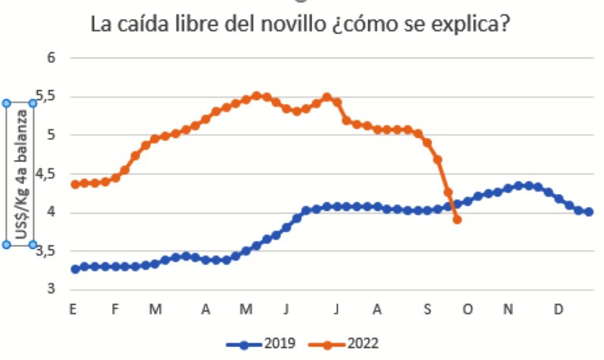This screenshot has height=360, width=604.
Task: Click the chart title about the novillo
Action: click(299, 24)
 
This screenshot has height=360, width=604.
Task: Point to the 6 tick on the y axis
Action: click(51, 58)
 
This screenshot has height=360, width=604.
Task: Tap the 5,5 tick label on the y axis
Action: click(46, 96)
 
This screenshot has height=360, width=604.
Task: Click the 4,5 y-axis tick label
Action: click(46, 174)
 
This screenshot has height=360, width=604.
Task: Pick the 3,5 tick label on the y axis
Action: click(46, 251)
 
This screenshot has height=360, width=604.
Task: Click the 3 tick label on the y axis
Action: click(51, 290)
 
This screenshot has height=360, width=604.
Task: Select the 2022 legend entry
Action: click(349, 343)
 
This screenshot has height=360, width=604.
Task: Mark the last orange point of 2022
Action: click(457, 220)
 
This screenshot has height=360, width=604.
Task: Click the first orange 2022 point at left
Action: click(74, 184)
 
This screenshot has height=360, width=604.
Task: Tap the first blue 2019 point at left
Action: click(74, 269)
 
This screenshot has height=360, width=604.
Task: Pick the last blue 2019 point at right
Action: click(589, 212)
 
